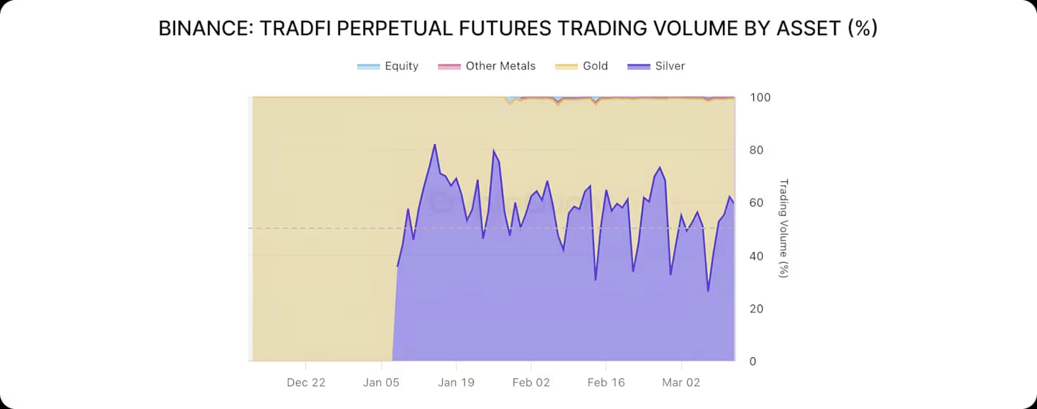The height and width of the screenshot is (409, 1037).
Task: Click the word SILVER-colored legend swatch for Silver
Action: [638, 66]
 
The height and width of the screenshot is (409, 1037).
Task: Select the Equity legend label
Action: [401, 66]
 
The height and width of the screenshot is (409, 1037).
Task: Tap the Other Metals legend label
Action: [500, 66]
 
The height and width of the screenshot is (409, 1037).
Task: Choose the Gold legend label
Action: [595, 66]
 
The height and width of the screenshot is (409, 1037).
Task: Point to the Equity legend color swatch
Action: [368, 66]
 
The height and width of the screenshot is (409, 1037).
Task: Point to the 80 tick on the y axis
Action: [756, 150]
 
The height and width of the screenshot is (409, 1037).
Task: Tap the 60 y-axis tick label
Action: [756, 203]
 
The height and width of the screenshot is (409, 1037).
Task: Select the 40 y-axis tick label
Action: [756, 256]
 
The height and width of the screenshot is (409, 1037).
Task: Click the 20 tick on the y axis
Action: [756, 309]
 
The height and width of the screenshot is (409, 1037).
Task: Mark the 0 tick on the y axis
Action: [753, 361]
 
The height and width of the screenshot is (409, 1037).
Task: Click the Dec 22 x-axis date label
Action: [306, 382]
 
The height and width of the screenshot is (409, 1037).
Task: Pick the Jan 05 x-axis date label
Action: [382, 382]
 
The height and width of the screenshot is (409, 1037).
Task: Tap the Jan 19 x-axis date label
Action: [457, 382]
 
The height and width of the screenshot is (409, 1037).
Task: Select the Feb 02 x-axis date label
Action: [531, 382]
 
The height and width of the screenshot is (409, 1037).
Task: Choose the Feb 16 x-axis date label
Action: [606, 382]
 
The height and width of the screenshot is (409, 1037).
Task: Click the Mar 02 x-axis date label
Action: [681, 382]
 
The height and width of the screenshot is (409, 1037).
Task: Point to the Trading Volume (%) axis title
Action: [784, 228]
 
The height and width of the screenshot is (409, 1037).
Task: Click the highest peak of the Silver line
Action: [434, 145]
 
